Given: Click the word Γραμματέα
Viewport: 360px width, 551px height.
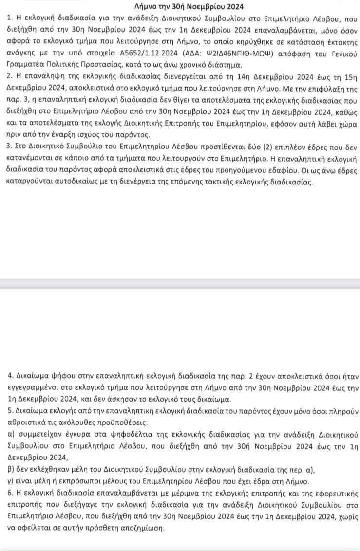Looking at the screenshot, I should coord(26,66).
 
